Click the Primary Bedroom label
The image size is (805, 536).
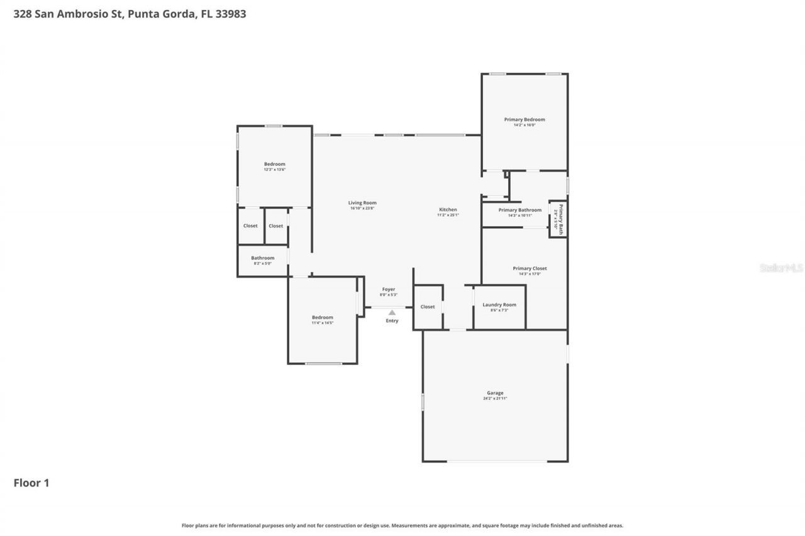525,119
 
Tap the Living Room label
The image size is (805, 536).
362,203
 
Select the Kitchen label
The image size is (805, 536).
448,210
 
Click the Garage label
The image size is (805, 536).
495,393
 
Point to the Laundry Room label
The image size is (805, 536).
499,305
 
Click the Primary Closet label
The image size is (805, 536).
530,268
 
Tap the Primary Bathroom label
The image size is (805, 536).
520,210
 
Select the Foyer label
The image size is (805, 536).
389,289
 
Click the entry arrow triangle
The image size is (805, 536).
392,312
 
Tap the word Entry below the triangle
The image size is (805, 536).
392,321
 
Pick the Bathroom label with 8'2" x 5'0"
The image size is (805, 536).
263,258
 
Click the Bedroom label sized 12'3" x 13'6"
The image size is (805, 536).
274,164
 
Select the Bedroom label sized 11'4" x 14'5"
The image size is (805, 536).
323,317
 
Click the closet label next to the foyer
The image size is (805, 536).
428,307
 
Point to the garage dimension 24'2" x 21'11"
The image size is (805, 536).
495,399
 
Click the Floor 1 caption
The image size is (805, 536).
31,483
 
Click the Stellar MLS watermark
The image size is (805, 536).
782,268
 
